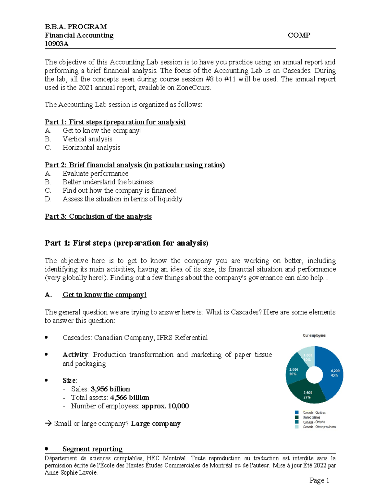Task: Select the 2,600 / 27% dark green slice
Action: tap(307, 395)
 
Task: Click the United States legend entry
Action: tap(311, 417)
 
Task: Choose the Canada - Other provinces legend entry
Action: tap(319, 427)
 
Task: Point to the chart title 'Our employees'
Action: tap(314, 335)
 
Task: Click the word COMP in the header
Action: tap(299, 35)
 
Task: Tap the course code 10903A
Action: tap(57, 44)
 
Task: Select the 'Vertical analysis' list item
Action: tap(87, 139)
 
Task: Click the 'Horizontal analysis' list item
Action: tap(91, 148)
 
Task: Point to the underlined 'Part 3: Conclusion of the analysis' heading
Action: tap(98, 216)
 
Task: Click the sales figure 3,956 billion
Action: tap(110, 389)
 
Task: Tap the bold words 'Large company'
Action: tap(156, 424)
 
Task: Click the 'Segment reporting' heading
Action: tap(92, 449)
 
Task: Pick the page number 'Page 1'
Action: tap(319, 481)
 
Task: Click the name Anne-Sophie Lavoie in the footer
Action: tap(71, 473)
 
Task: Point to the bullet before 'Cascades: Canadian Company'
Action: tap(46, 338)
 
